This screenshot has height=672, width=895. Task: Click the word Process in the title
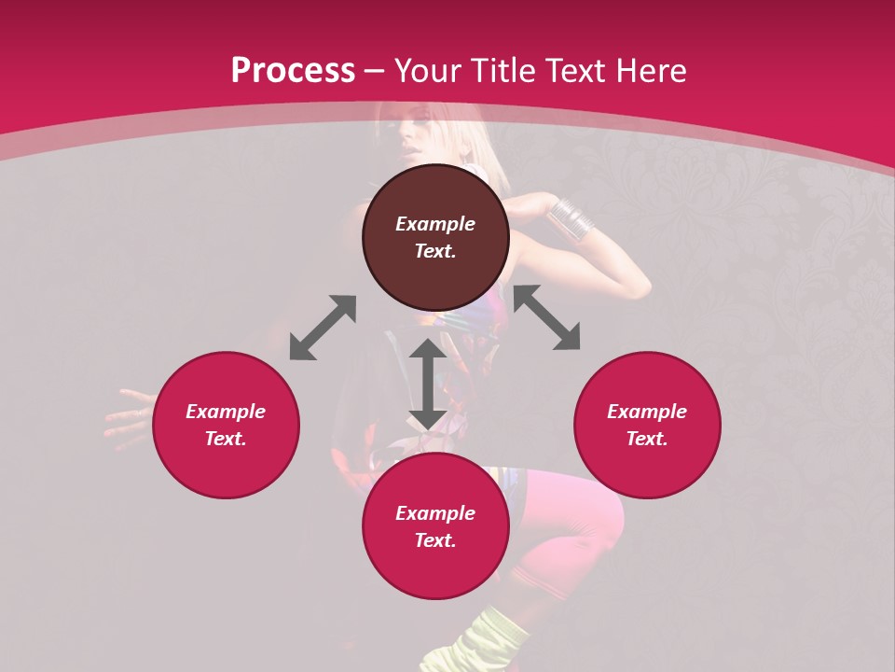tap(293, 71)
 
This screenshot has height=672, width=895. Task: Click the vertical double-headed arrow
tap(428, 384)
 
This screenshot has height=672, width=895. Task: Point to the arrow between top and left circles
tap(323, 328)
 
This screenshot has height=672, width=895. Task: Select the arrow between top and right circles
tap(547, 318)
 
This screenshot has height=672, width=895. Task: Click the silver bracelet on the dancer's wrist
tap(571, 217)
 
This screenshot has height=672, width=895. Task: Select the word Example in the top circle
tap(435, 224)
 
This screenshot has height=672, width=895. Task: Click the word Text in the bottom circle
tap(435, 540)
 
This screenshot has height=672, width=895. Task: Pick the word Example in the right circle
tap(647, 412)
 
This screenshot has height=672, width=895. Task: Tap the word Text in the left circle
tap(226, 439)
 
